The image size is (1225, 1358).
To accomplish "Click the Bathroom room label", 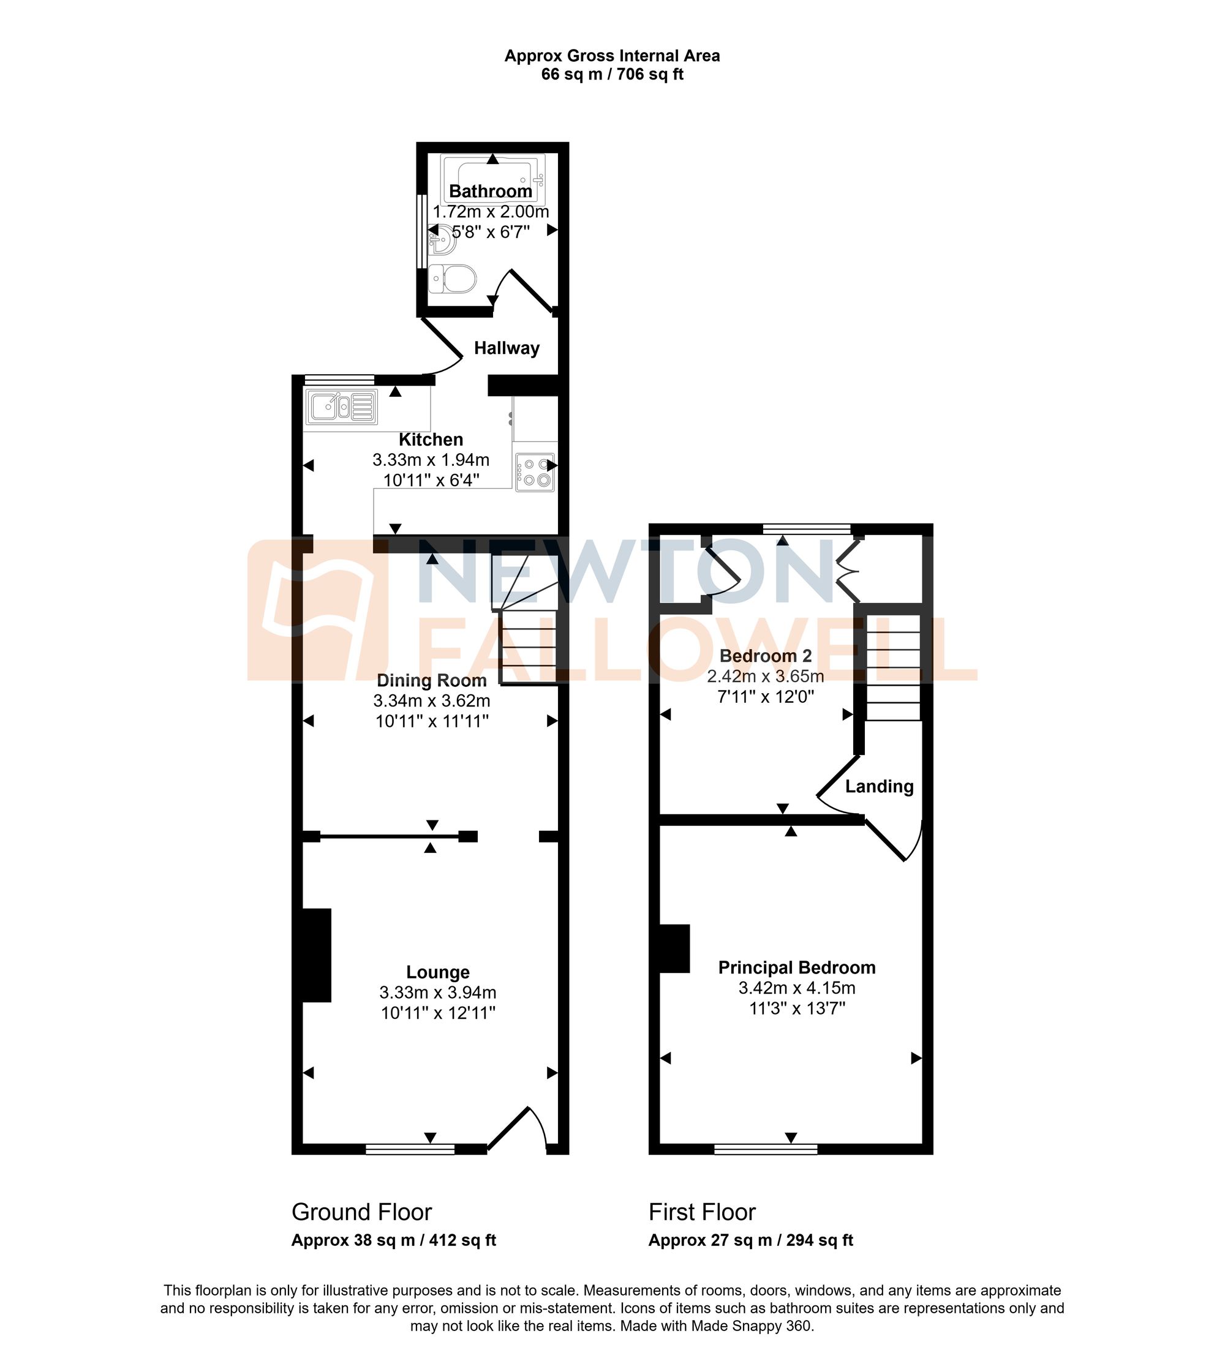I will click(491, 191).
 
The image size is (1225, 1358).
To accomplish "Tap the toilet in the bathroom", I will click(454, 279).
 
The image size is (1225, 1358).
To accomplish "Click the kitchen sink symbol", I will click(341, 407).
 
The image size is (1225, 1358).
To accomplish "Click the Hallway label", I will click(507, 348).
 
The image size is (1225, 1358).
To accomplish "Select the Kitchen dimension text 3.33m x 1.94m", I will click(431, 460).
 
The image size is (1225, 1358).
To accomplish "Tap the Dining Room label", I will click(431, 680).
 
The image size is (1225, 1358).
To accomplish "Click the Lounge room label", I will click(438, 972).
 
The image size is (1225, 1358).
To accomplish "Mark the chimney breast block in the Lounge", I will click(316, 955).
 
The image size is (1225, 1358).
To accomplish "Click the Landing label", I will click(879, 786).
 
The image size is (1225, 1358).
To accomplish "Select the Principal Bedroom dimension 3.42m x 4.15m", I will click(797, 988).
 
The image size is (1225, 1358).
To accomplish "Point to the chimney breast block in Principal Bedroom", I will click(674, 949).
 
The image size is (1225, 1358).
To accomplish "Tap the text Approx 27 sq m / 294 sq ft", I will click(750, 1240).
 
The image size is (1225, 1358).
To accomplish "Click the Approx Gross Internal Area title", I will click(612, 56).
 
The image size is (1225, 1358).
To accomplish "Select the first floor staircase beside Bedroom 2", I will click(892, 667).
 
